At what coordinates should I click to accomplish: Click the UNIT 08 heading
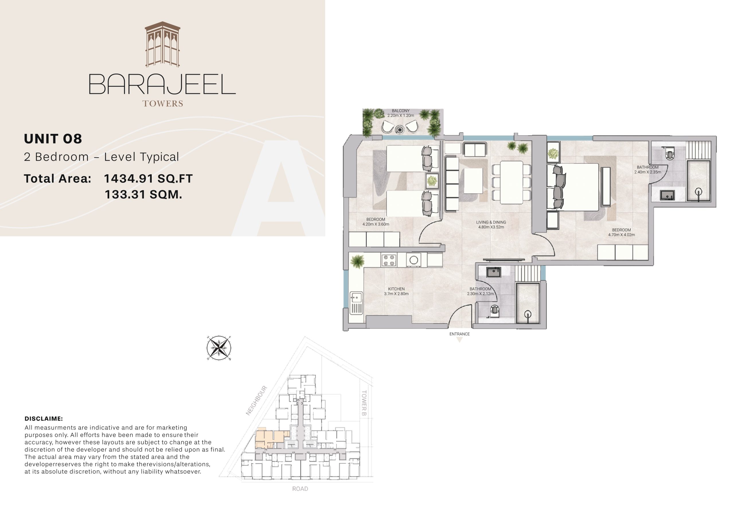(x=53, y=139)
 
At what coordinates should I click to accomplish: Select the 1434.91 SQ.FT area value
(x=148, y=179)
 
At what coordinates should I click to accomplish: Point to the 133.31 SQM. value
(x=144, y=194)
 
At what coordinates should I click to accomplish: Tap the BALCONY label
(x=401, y=111)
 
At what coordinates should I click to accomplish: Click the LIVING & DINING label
(x=491, y=222)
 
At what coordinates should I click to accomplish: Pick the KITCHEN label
(x=397, y=289)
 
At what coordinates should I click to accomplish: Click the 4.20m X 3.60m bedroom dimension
(x=376, y=224)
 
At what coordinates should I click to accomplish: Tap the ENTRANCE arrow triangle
(x=459, y=340)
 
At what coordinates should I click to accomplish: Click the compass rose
(x=219, y=348)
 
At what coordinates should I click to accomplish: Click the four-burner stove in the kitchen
(x=389, y=260)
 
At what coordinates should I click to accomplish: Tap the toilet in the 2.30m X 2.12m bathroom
(x=495, y=310)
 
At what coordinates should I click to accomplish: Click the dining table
(x=512, y=183)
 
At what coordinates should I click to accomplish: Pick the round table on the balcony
(x=400, y=130)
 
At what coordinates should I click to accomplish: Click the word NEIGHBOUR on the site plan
(x=256, y=401)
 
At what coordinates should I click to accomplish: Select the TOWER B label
(x=364, y=403)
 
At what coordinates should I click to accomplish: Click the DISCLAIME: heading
(x=44, y=419)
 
